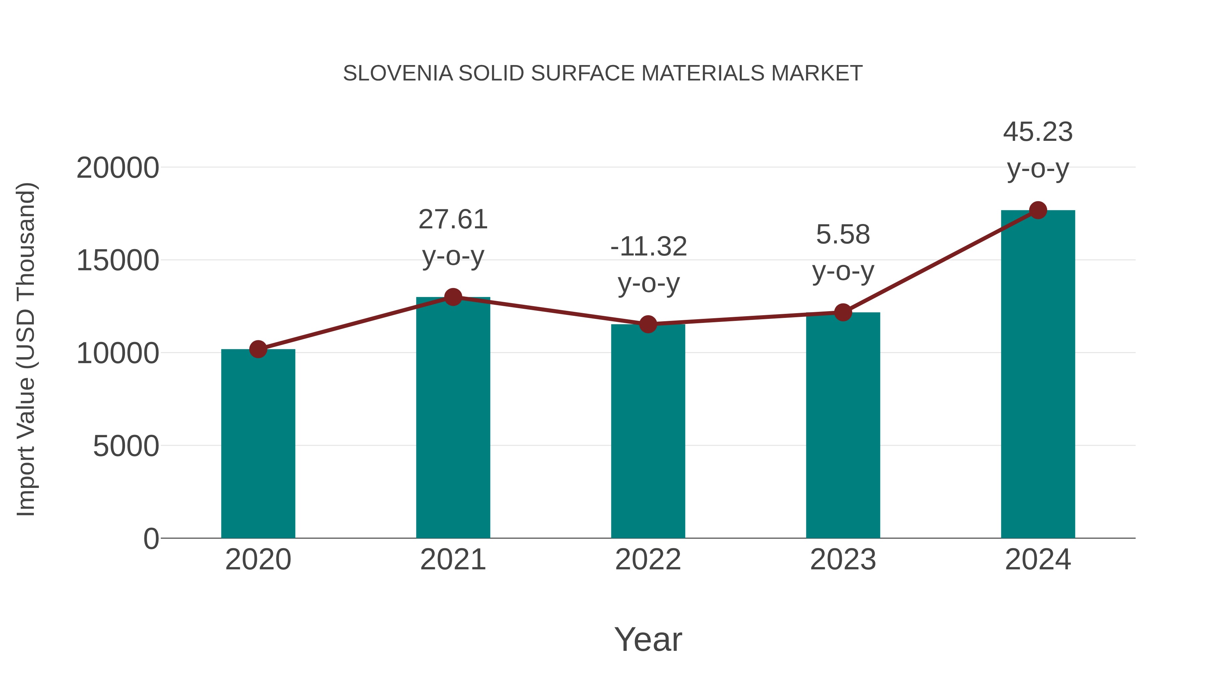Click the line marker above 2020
coord(258,349)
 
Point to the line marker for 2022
coord(648,324)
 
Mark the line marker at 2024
coord(1038,210)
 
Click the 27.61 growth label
coord(453,219)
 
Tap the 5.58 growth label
coord(843,234)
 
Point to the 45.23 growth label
coord(1038,132)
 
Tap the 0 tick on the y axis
coord(151,539)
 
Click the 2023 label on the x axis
coord(843,560)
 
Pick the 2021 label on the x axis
coord(453,560)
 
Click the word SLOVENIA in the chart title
coord(398,73)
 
